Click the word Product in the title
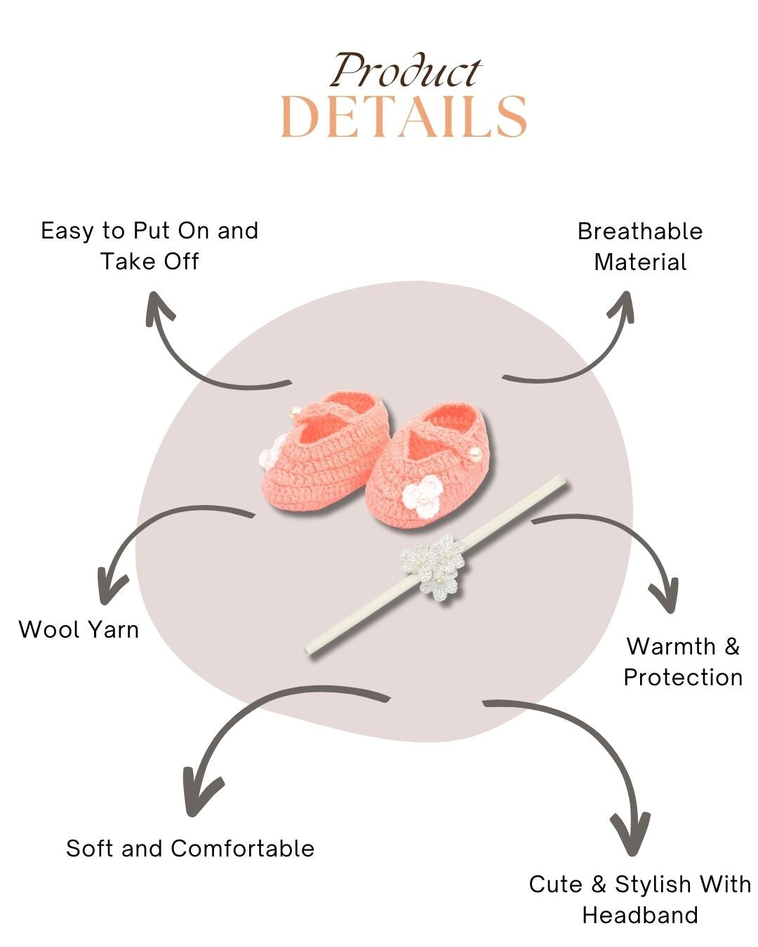(406, 71)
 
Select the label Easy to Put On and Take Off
(149, 246)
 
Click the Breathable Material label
(640, 246)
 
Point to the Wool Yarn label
(79, 629)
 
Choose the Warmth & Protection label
(683, 661)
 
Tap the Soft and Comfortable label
(190, 848)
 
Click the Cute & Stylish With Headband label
(640, 899)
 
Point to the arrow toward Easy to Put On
(197, 358)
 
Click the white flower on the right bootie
(420, 497)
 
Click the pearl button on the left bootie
(297, 411)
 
